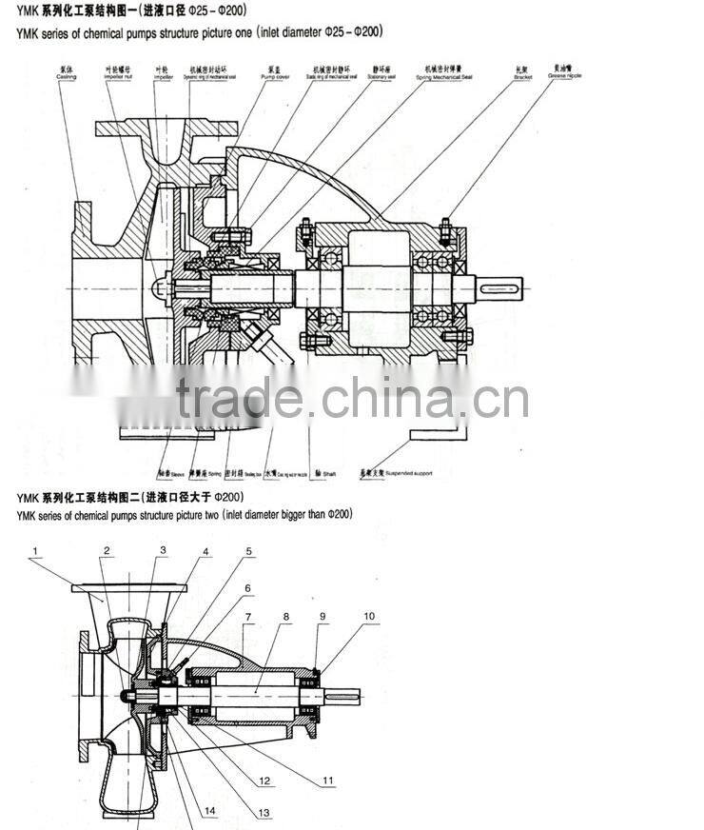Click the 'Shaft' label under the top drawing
(329, 473)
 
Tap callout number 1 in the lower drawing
(34, 551)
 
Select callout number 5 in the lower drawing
(249, 551)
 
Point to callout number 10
(368, 617)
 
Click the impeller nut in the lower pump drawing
(129, 697)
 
